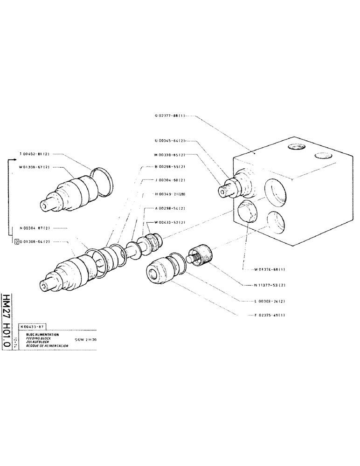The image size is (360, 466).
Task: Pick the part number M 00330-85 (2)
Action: pos(169,155)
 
